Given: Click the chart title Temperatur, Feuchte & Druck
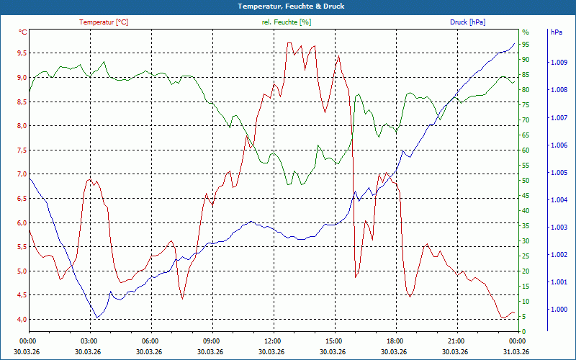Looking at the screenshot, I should click(288, 6).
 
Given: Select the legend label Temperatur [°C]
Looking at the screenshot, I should click(104, 22).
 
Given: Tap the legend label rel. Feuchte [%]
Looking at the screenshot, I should click(287, 22).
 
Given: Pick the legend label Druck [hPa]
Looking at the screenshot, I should click(467, 22).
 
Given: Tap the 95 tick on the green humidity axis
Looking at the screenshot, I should click(526, 45).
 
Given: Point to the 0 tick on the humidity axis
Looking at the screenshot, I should click(523, 332).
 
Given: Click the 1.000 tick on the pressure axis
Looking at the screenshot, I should click(558, 310).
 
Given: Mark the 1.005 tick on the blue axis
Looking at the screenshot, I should click(558, 173).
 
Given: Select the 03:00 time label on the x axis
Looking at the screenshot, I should click(89, 341).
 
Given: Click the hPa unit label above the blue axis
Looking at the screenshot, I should click(556, 32).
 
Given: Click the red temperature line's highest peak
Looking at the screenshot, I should click(288, 43).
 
